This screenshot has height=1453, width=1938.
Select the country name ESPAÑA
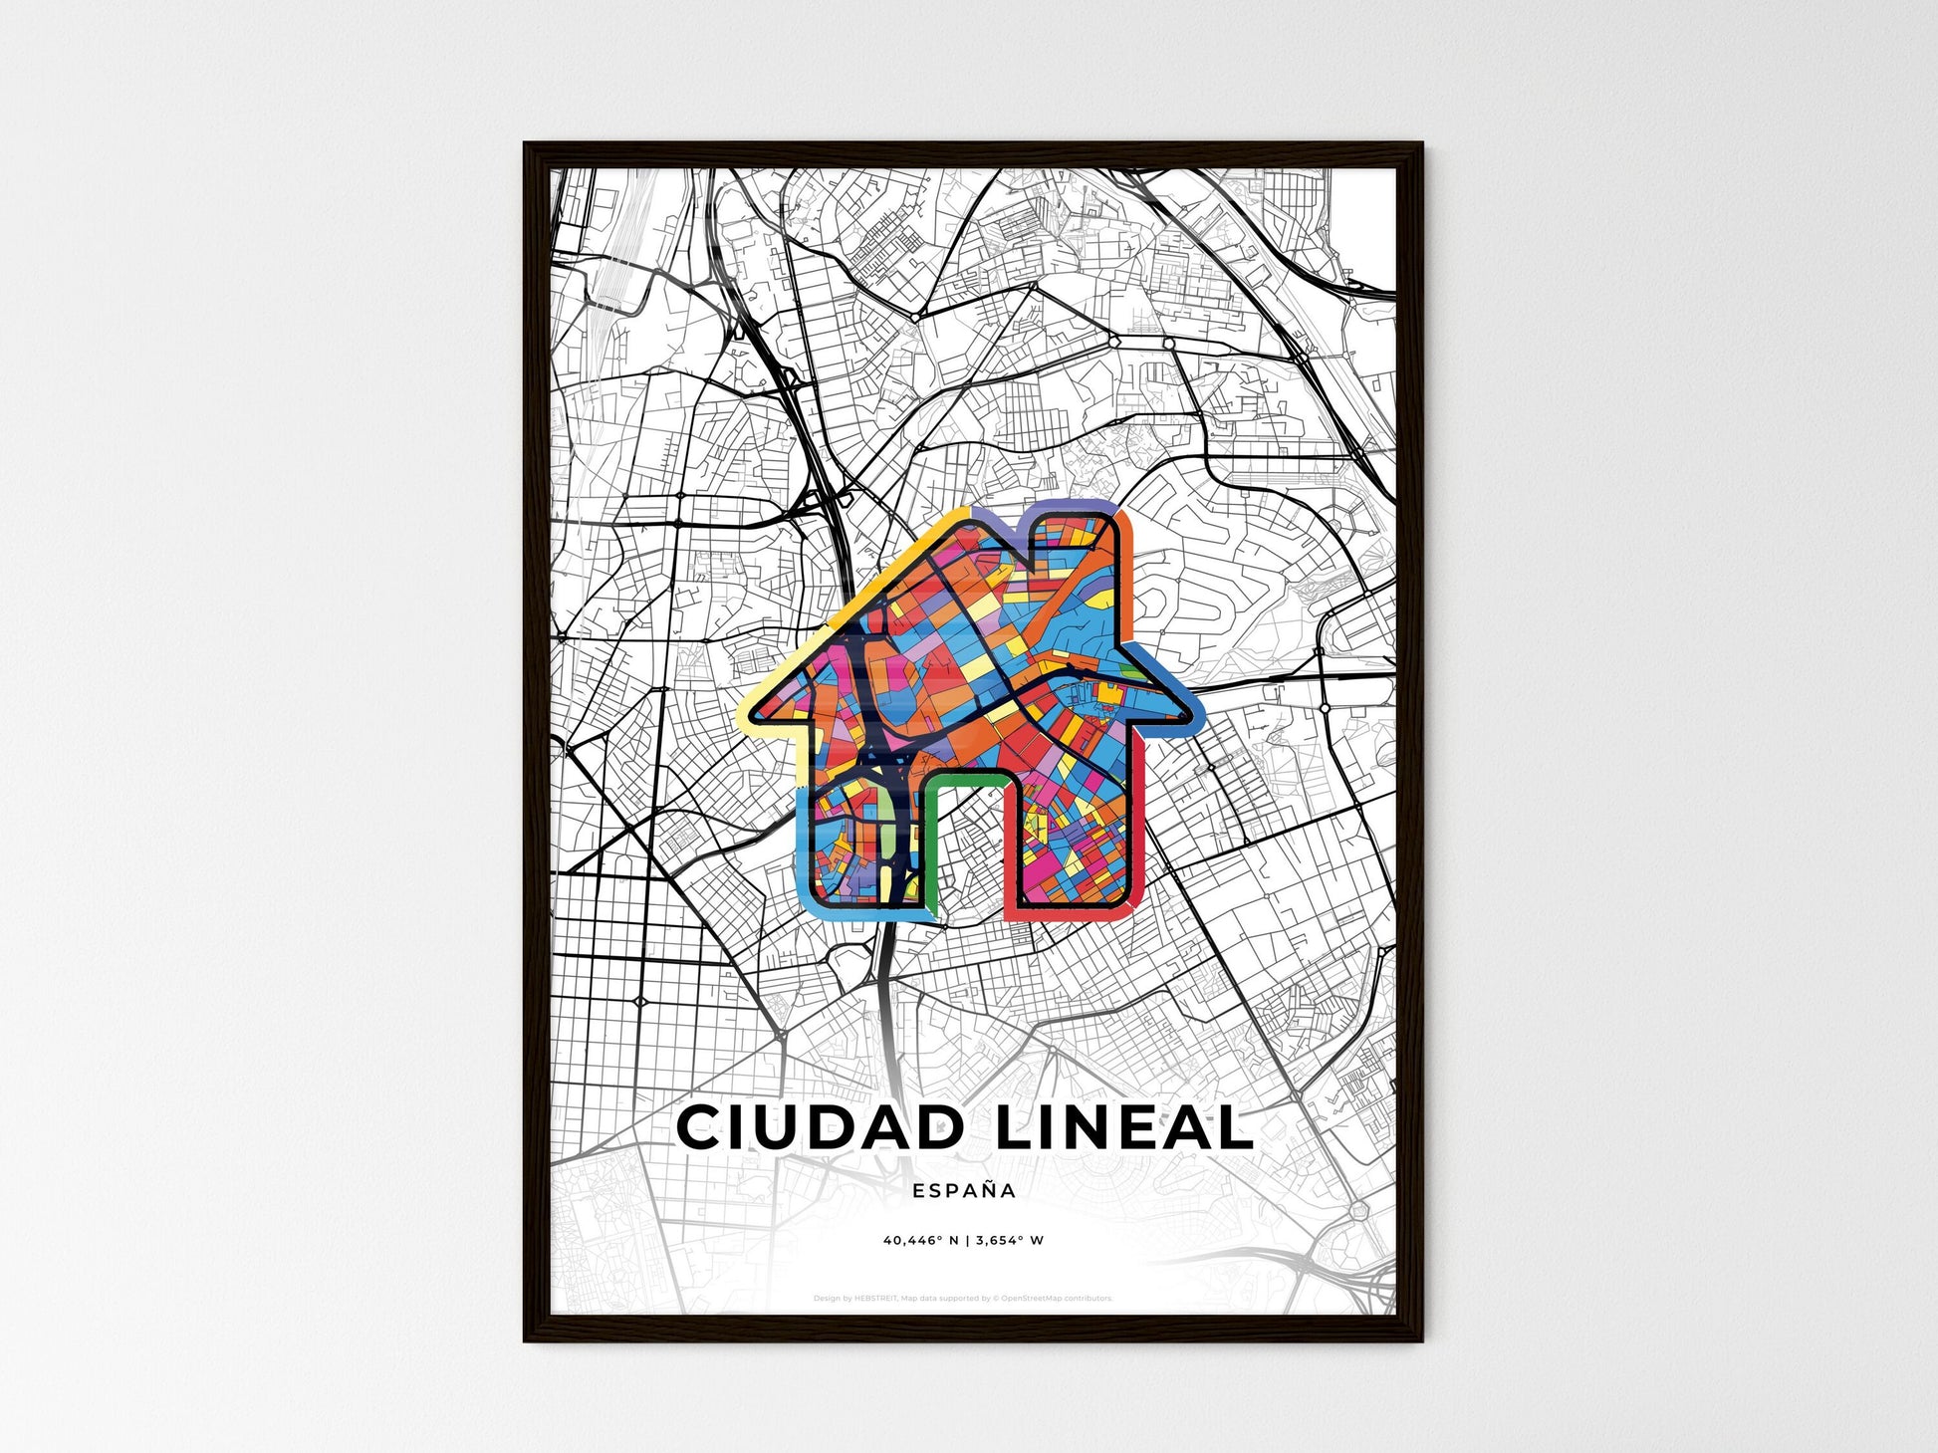click(964, 1191)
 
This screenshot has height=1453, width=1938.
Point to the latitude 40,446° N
click(920, 1241)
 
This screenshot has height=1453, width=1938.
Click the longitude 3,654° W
click(1010, 1241)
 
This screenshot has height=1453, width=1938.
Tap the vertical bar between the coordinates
click(967, 1241)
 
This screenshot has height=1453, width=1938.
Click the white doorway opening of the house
click(971, 847)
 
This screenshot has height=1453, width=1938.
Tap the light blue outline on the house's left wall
click(805, 847)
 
